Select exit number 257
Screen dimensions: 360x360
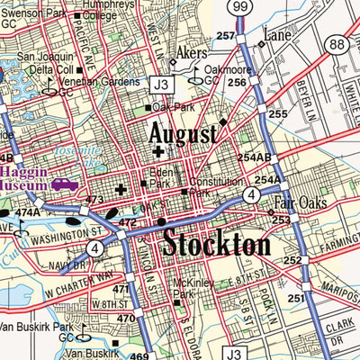coord(226,35)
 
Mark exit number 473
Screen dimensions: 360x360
coord(94,199)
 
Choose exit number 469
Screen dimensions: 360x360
coord(139,356)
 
